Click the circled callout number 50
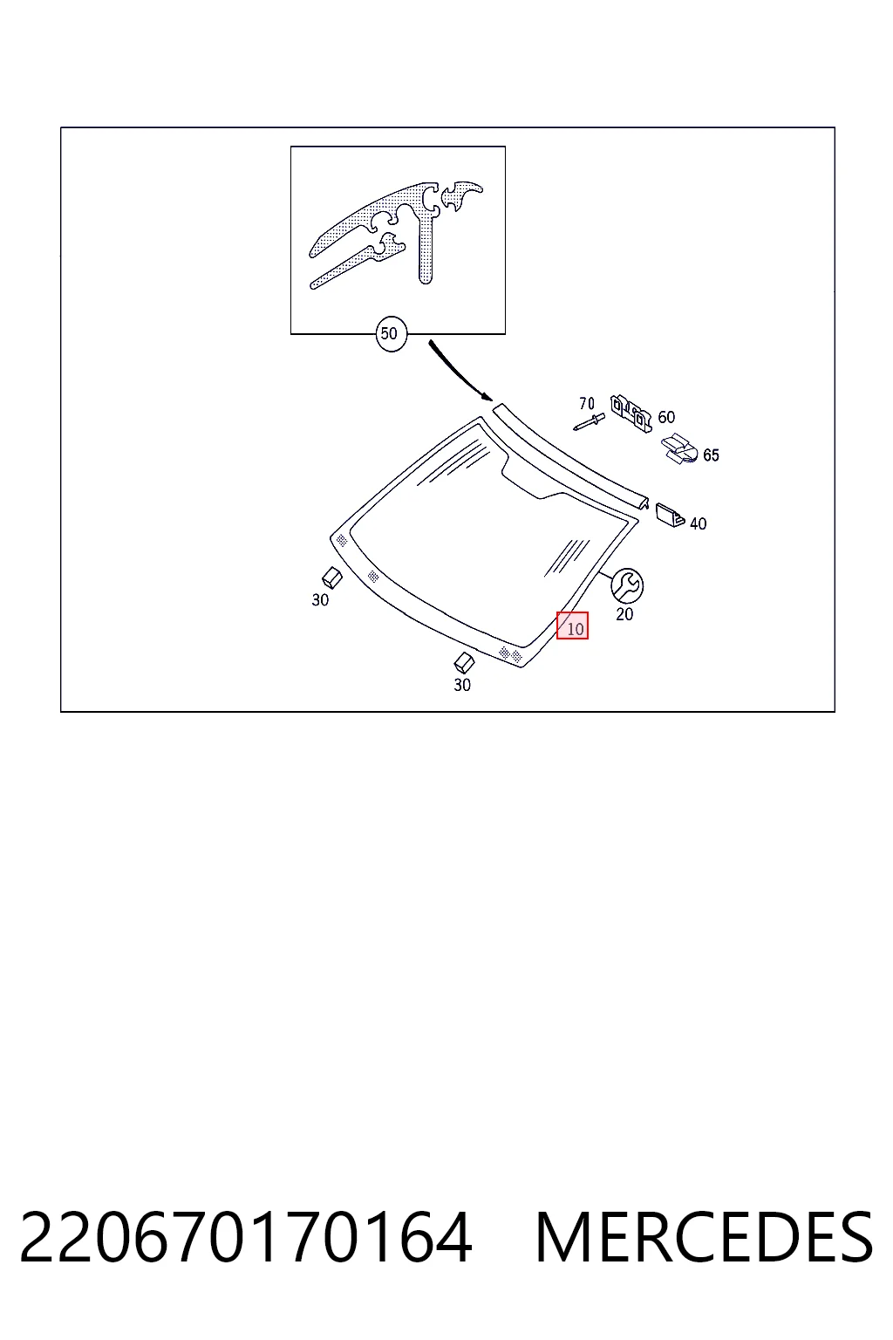(x=392, y=334)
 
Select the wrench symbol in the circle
(x=627, y=585)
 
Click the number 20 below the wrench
(x=624, y=614)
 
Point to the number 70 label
(x=587, y=404)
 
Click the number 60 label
(x=666, y=417)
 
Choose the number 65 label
(x=711, y=455)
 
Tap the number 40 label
(x=698, y=524)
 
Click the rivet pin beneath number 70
(x=589, y=421)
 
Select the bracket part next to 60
(x=631, y=412)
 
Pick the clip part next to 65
(x=678, y=448)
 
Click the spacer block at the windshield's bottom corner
(x=464, y=663)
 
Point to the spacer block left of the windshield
(x=332, y=578)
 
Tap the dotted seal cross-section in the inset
(x=396, y=233)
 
